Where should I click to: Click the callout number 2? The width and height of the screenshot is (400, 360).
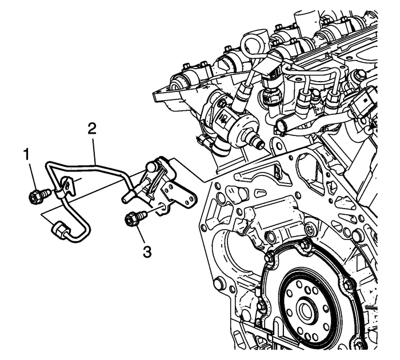[x=91, y=126]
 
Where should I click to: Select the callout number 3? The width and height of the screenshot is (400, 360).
[x=147, y=250]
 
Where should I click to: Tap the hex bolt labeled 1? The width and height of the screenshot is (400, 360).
[x=35, y=197]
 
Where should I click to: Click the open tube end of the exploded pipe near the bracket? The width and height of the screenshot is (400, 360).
[x=125, y=198]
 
